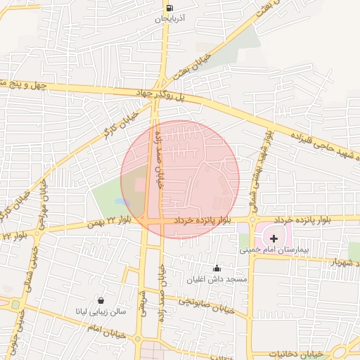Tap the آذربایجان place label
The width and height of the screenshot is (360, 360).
171,20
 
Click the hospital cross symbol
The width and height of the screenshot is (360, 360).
274,239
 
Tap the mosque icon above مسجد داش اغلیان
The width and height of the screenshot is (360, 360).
217,268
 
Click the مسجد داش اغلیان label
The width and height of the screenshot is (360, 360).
224,279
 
